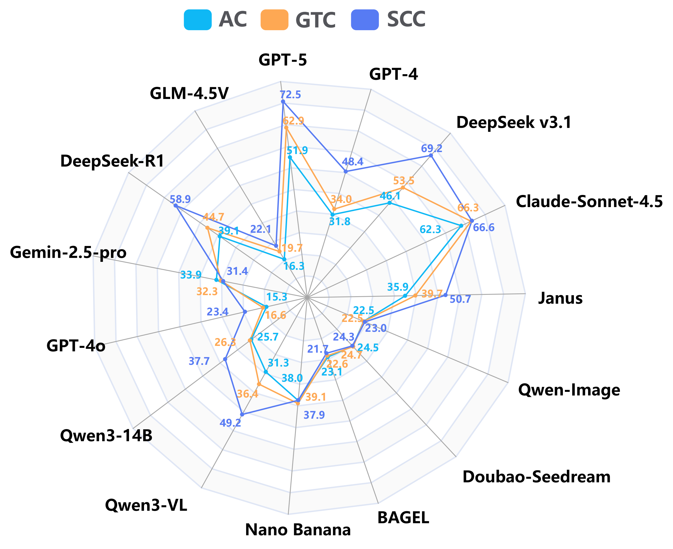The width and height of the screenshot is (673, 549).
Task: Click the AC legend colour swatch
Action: [198, 20]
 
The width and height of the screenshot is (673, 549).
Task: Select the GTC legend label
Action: [315, 20]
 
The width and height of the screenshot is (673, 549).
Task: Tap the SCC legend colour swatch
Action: [365, 20]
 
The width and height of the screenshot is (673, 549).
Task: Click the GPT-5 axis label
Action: [283, 60]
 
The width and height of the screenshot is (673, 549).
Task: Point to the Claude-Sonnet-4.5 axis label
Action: [589, 201]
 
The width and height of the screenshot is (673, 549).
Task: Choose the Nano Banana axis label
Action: [298, 530]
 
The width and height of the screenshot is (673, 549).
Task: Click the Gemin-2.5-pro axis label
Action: [68, 252]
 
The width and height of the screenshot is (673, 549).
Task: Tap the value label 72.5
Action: [290, 95]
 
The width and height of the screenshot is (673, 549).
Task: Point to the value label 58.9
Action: [180, 199]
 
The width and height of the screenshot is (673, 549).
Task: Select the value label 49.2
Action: [230, 423]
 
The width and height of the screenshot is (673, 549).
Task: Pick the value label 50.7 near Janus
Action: [460, 299]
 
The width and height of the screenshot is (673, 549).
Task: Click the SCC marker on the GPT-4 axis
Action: [346, 172]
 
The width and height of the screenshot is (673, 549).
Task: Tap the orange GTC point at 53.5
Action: [403, 188]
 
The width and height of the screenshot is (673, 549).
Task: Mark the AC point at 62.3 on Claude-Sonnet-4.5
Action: [461, 226]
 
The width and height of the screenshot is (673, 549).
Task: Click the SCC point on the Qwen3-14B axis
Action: [225, 359]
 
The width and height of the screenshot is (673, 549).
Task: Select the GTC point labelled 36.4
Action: [259, 384]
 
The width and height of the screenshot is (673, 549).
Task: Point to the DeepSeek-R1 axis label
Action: [112, 161]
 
